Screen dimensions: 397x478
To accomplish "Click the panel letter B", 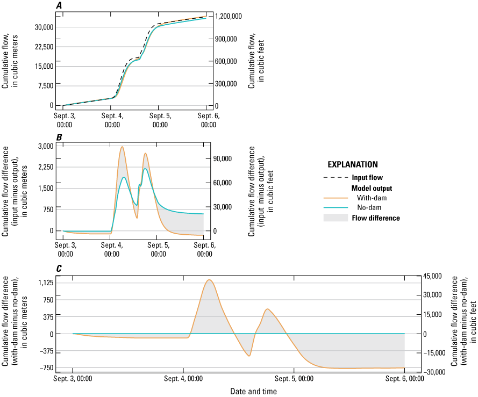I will coord(60,137).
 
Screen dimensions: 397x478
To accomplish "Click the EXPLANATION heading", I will coord(352,164).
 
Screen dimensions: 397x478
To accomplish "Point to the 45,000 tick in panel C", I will coord(432,276).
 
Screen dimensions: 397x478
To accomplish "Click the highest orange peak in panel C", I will coord(209,280).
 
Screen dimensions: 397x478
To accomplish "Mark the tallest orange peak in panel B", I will coord(122,147).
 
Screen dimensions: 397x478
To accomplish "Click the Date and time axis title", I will coord(254,392).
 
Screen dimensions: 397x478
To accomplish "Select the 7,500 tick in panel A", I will coord(46,85).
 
